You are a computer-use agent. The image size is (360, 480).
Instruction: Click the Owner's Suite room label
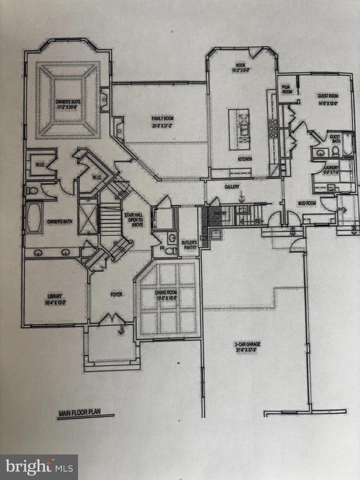67,104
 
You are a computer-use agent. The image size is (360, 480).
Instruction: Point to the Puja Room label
287,89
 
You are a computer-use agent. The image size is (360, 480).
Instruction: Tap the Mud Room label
307,203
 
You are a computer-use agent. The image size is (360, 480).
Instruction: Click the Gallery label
232,187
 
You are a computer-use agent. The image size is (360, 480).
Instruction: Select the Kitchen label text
244,159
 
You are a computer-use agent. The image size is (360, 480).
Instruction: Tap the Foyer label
117,294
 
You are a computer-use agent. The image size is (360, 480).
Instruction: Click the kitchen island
239,129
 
